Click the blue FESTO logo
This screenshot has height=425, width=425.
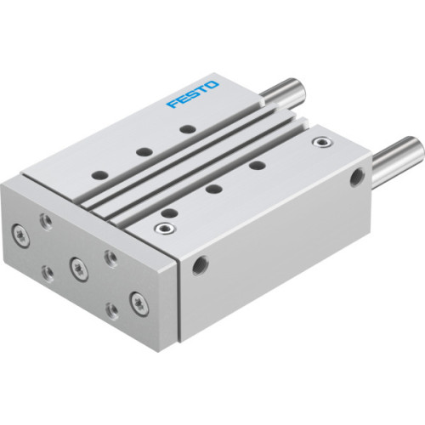click(x=193, y=93)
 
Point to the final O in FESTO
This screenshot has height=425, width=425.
click(x=212, y=84)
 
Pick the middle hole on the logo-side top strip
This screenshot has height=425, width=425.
click(x=144, y=151)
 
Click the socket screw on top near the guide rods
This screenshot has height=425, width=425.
click(x=320, y=141)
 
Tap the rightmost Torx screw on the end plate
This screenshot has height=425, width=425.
click(x=136, y=299)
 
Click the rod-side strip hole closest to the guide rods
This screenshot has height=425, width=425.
click(x=256, y=167)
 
